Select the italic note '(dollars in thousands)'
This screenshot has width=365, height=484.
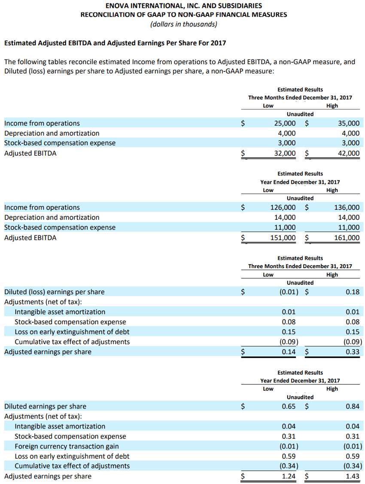coord(183,24)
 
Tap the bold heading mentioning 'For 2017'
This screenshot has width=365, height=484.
coord(115,43)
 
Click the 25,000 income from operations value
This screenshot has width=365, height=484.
coord(285,123)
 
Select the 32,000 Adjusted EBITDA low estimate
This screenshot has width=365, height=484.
coord(285,153)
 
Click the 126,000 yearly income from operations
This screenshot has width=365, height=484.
coord(283,208)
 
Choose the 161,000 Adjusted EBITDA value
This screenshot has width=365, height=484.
coord(347,237)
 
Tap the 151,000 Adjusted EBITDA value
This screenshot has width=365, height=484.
coord(283,237)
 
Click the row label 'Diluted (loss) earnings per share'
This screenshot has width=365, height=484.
coord(54,292)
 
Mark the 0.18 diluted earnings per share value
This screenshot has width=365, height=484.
coord(353,292)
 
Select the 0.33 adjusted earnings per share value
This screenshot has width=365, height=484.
coord(353,352)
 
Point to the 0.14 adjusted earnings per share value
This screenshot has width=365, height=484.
coord(288,352)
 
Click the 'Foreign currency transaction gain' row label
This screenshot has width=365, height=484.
coord(67,447)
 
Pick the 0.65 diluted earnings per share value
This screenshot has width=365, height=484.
coord(288,407)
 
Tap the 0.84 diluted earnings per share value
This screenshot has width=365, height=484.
coord(353,407)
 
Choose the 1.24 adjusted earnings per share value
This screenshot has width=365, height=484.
coord(288,476)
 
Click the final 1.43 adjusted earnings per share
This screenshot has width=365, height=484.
coord(353,476)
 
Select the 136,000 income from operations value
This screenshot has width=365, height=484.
coord(347,208)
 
